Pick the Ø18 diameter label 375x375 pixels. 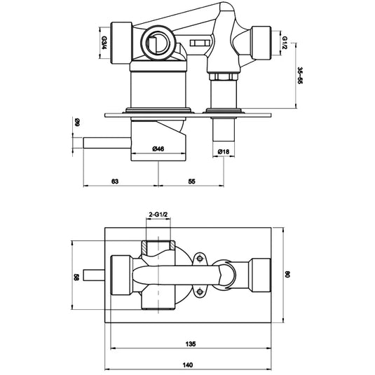(x=224, y=152)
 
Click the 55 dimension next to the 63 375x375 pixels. (x=191, y=181)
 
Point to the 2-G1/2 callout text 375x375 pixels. (x=158, y=216)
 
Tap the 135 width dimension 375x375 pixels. (x=190, y=344)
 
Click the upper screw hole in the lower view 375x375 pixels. (x=199, y=258)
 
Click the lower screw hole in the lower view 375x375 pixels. (x=199, y=292)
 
